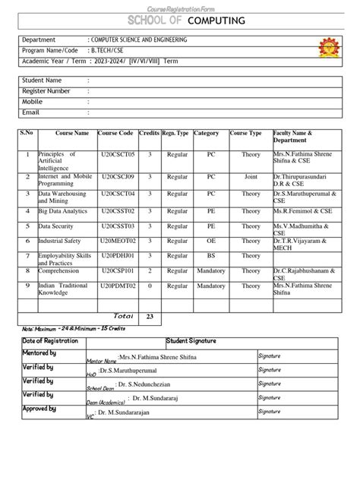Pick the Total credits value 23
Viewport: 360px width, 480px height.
pyautogui.click(x=150, y=316)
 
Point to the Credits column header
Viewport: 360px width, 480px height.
pyautogui.click(x=150, y=133)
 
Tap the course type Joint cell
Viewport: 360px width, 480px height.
pyautogui.click(x=251, y=176)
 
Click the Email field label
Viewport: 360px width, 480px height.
pyautogui.click(x=32, y=112)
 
